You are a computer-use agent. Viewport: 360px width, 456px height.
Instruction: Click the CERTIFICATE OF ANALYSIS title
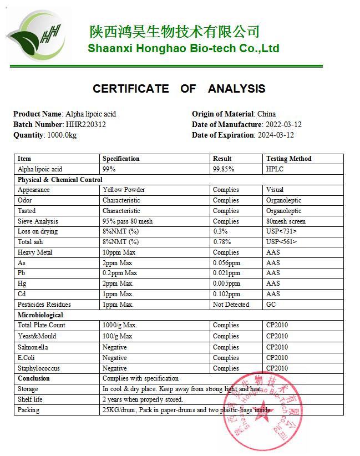click(x=179, y=89)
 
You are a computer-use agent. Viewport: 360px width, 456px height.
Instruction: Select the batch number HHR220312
click(x=86, y=124)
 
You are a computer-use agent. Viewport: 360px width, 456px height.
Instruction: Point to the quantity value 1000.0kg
click(x=62, y=135)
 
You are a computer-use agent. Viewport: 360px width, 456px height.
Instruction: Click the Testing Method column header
click(x=288, y=159)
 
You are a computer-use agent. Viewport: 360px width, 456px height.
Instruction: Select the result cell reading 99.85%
click(x=224, y=169)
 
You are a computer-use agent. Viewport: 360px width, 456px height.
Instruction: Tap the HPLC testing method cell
click(x=275, y=169)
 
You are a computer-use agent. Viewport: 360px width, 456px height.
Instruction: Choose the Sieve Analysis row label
click(x=38, y=221)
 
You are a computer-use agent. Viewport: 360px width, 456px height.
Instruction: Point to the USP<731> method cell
click(x=281, y=231)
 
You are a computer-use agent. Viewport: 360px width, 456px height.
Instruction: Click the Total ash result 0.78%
click(x=223, y=242)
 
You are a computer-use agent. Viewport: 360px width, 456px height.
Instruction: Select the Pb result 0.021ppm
click(x=227, y=273)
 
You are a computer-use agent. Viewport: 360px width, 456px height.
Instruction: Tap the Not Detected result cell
click(x=231, y=305)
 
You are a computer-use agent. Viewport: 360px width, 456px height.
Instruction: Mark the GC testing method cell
click(x=271, y=305)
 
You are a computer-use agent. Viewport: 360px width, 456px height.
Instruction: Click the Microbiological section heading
click(x=40, y=315)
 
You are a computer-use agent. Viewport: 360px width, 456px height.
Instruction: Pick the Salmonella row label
click(x=33, y=347)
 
